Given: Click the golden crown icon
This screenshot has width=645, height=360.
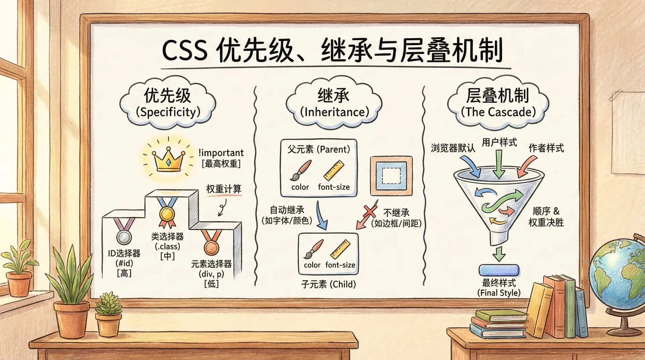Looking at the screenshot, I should [168, 160].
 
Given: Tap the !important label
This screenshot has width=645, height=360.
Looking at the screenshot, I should [221, 153].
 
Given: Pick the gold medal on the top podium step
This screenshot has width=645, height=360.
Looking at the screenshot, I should [167, 213].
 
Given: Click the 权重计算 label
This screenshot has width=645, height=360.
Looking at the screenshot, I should [224, 189].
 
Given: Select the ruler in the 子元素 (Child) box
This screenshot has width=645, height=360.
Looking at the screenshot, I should [340, 249].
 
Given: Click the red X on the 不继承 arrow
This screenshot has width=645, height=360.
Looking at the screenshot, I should [370, 211].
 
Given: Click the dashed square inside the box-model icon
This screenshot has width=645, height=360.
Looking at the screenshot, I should [391, 176].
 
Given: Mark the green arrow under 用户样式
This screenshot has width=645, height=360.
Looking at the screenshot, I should [499, 164].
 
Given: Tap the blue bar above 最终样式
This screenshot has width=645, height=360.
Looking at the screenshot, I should [499, 270].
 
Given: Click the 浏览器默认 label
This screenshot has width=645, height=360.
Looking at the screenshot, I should [453, 148].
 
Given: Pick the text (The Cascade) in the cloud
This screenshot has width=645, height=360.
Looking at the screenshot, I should [498, 112].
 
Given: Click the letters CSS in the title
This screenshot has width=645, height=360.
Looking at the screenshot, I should [184, 51].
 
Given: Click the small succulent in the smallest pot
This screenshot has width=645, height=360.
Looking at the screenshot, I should [109, 304].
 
